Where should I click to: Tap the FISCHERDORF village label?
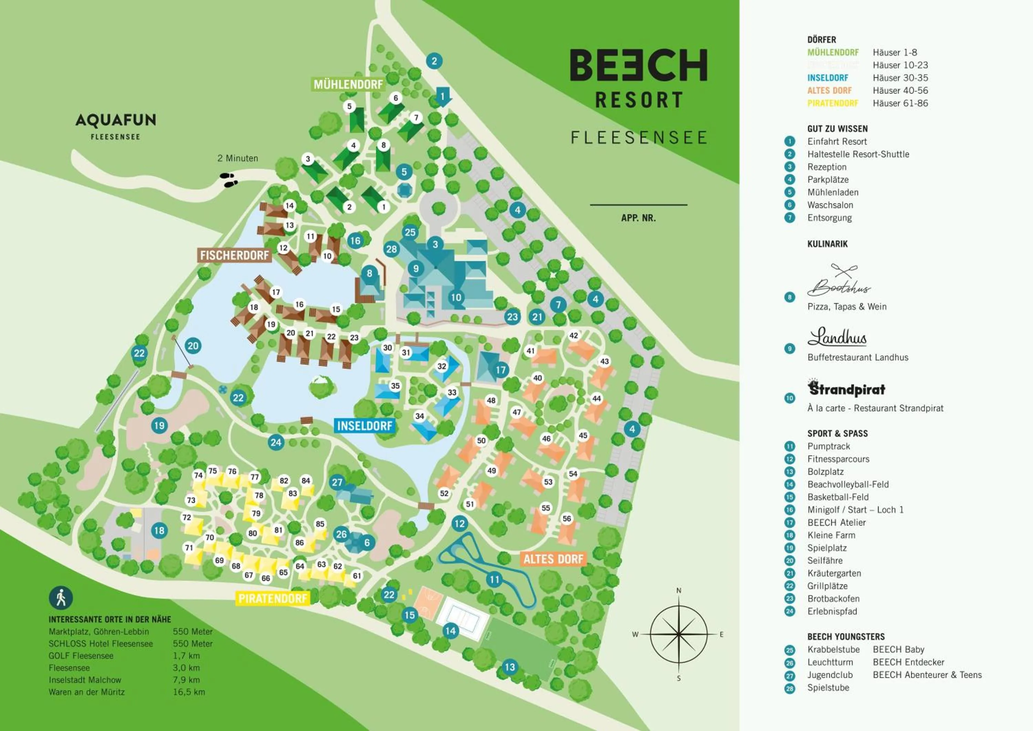(234, 256)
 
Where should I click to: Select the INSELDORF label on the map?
(364, 426)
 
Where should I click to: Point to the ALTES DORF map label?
(553, 559)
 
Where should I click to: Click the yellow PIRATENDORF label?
(273, 599)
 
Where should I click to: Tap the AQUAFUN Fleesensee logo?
(116, 126)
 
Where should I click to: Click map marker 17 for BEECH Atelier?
(501, 370)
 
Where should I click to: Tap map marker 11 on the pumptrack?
(494, 579)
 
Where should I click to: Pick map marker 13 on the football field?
(509, 667)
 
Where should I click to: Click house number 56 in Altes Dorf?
(567, 518)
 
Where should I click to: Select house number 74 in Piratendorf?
(198, 475)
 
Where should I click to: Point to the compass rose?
(678, 634)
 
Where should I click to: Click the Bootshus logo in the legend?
(838, 281)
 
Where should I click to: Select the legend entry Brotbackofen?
(833, 599)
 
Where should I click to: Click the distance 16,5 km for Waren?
(189, 692)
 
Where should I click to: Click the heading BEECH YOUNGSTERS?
(846, 637)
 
